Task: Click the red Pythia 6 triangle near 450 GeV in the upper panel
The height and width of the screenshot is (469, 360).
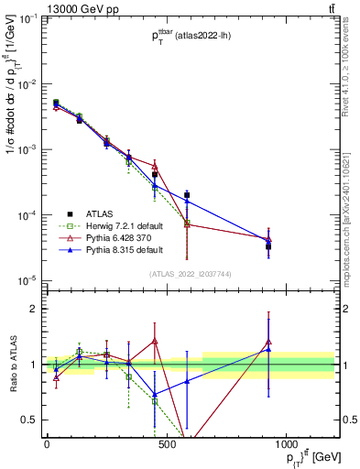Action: [155, 166]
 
